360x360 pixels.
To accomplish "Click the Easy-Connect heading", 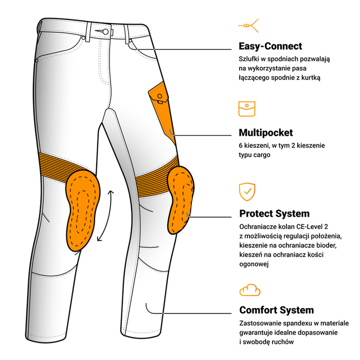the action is coord(270,46).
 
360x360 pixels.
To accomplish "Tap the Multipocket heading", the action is coord(266,133).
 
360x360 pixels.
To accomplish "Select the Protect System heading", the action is coord(274,213).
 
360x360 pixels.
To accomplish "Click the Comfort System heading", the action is coord(277,310).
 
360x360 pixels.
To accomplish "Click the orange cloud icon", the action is coord(250,290).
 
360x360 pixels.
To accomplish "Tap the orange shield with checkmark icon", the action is coord(247,192).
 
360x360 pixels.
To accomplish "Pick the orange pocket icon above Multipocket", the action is coord(247,109).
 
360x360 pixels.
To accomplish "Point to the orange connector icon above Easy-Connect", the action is coord(248,26).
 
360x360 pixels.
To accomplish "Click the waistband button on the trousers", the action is coord(105,31).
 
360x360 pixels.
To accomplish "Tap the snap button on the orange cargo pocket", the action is coord(160,96).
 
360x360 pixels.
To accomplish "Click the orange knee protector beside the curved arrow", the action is coord(83,210).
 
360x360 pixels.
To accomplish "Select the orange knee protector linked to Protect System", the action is coord(181,200).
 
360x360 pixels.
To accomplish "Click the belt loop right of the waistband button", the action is coord(127,34).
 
